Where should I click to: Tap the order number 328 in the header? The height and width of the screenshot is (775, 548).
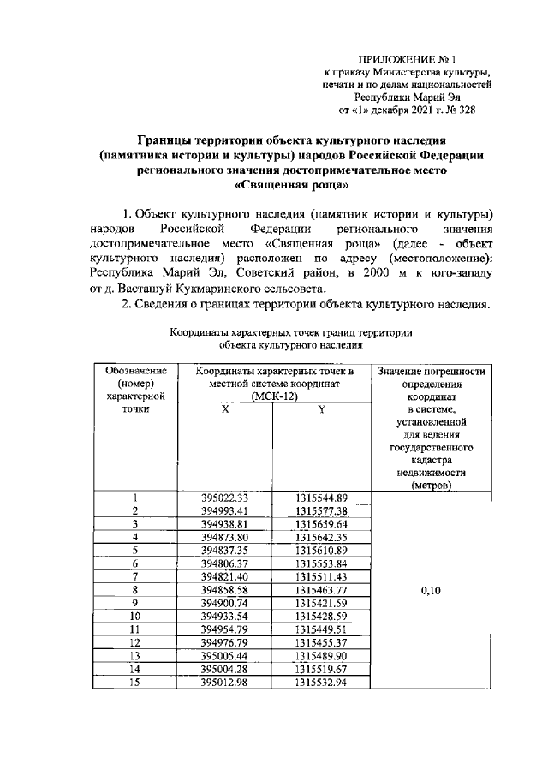(463, 110)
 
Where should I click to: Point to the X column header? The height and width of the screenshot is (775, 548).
(224, 409)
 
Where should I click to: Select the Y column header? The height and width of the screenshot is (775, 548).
(321, 409)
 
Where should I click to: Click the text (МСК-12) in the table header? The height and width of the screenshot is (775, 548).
(273, 396)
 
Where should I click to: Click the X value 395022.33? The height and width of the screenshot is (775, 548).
(224, 498)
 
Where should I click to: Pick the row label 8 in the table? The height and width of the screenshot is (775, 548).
(134, 590)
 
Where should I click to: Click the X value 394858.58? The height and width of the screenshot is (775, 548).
(224, 590)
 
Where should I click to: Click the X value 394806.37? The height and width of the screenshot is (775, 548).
(224, 563)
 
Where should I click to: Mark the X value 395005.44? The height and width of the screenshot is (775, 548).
(224, 655)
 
